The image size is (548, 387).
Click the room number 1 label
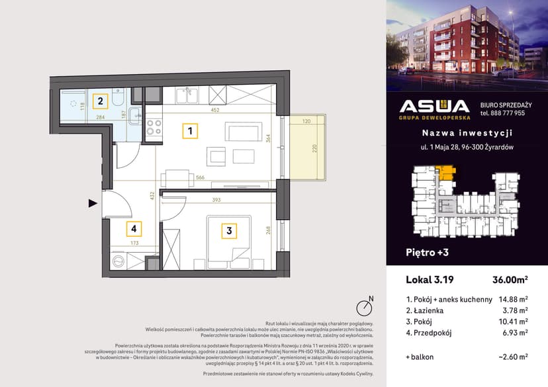point(189,131)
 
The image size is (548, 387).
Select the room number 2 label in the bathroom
point(100,101)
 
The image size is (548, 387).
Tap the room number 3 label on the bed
point(229,231)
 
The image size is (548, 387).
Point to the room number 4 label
point(134,230)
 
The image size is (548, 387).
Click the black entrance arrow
point(93,204)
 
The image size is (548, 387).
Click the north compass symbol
point(363,307)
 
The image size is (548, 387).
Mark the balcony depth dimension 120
point(307,122)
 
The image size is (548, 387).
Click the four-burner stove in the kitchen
point(154,126)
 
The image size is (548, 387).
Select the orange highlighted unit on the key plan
point(449,173)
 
